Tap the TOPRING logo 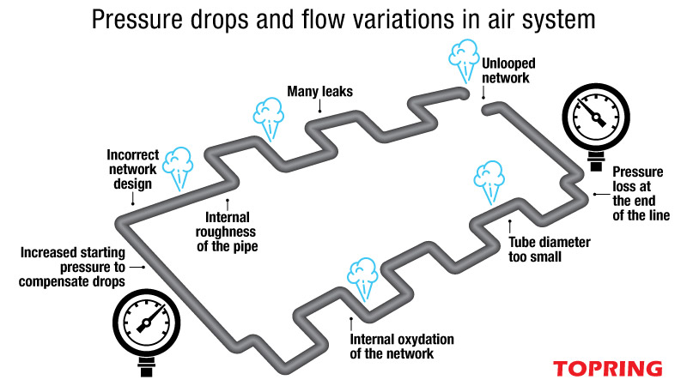click(607, 368)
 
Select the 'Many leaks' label click(319, 89)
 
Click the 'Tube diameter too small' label click(549, 249)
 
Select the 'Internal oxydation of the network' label click(402, 347)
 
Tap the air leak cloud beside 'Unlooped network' click(462, 59)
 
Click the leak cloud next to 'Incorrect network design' click(179, 165)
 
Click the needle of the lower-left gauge click(145, 322)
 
